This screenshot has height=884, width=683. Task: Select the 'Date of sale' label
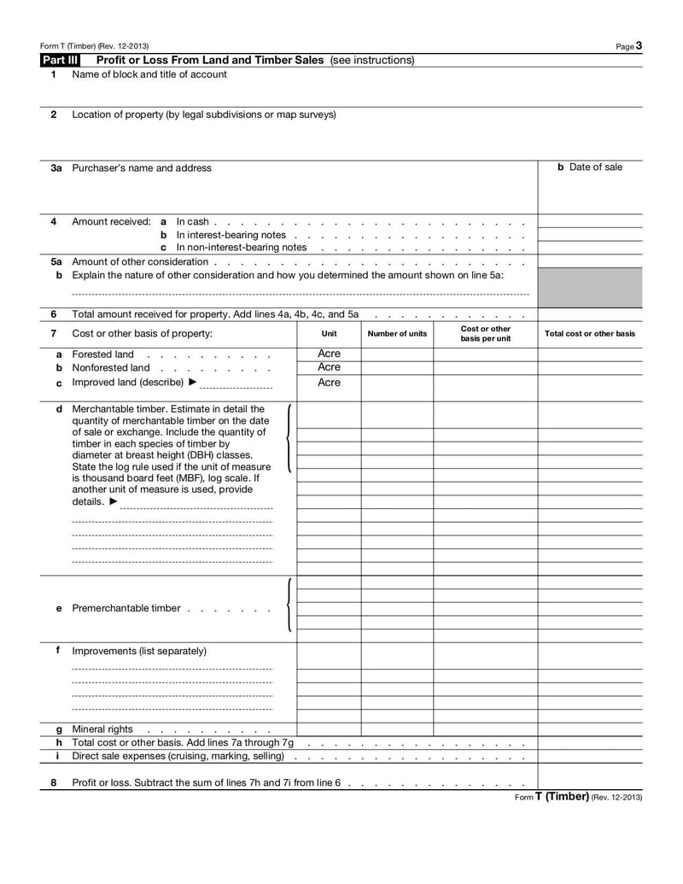coord(590,167)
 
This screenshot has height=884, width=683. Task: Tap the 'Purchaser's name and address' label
coord(142,168)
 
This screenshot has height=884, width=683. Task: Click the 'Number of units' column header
coord(397,333)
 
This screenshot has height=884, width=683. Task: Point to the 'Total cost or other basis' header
coord(590,333)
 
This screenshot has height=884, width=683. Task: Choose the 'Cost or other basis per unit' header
coord(485,333)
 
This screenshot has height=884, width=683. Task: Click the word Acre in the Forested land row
coord(329,354)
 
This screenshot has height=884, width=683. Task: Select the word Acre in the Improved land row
coord(329,383)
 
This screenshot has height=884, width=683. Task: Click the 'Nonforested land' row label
coord(111,368)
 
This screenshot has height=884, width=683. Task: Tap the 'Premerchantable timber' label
coord(126,608)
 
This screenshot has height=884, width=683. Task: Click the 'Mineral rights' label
coord(102,729)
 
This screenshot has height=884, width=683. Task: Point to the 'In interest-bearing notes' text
coord(231,235)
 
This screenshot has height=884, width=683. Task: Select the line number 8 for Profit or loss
coord(53,782)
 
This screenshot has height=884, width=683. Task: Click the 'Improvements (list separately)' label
coord(139,651)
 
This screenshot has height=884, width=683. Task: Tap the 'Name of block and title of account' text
coord(149,74)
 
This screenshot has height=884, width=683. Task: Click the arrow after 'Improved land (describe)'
coord(191,383)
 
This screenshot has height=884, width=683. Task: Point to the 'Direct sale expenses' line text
coord(178,757)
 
